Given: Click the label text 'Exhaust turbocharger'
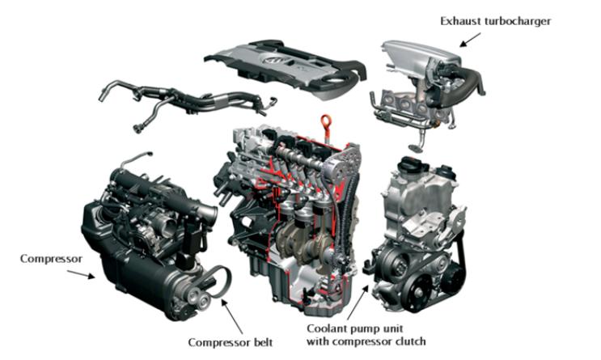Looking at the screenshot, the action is pyautogui.click(x=495, y=21).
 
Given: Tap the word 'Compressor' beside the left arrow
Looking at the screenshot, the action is pyautogui.click(x=51, y=259).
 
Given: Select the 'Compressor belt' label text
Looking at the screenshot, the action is pyautogui.click(x=231, y=342).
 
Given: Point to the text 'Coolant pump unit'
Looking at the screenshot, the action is pyautogui.click(x=355, y=328).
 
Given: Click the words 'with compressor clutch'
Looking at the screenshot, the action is pyautogui.click(x=366, y=341).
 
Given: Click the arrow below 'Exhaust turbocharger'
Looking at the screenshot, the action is pyautogui.click(x=470, y=40).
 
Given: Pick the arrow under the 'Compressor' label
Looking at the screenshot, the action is pyautogui.click(x=81, y=274).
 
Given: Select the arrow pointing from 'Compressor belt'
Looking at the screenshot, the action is pyautogui.click(x=232, y=316).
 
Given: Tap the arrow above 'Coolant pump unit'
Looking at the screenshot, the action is pyautogui.click(x=358, y=302).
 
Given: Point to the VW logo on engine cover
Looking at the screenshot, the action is pyautogui.click(x=275, y=61).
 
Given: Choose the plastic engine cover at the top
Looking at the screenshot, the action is pyautogui.click(x=286, y=68).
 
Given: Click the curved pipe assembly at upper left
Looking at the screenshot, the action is pyautogui.click(x=187, y=100).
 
